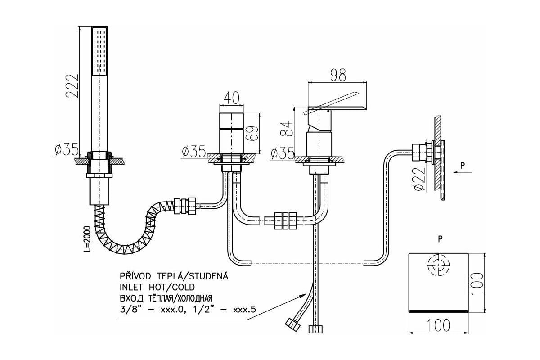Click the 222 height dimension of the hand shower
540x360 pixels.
point(72,86)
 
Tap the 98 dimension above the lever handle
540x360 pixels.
point(338,75)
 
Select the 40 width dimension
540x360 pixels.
point(231,98)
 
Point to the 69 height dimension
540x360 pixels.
point(252,133)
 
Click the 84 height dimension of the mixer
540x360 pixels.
point(287,129)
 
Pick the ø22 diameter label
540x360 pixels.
point(420,179)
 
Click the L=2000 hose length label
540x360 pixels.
point(87,238)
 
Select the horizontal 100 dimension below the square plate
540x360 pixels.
point(438,325)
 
